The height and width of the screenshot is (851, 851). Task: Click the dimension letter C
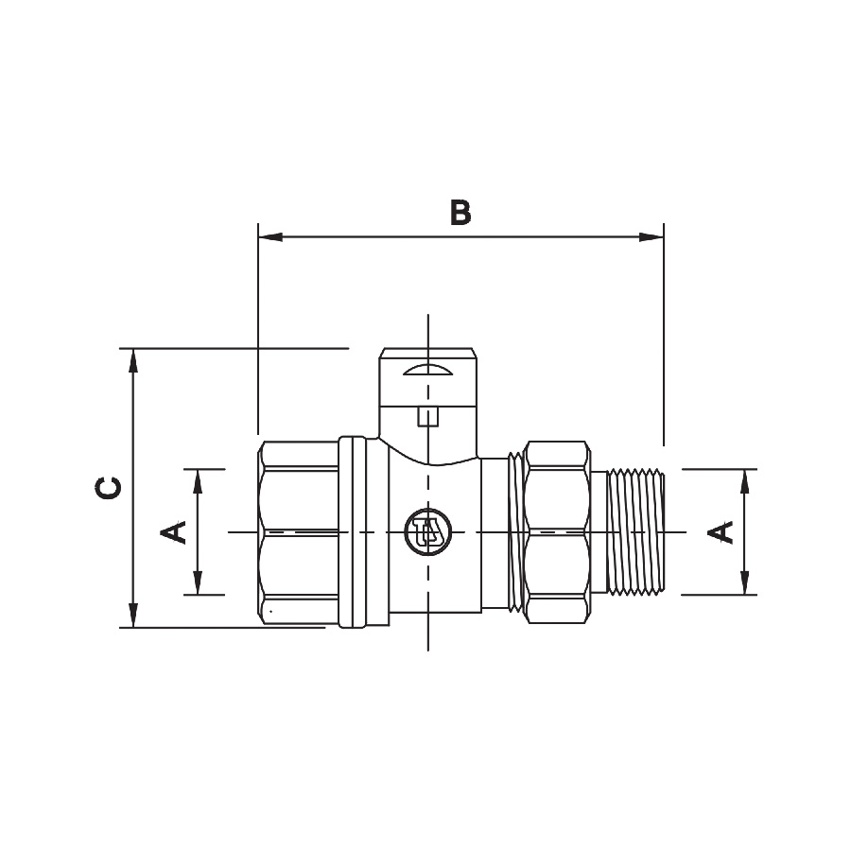coord(108,488)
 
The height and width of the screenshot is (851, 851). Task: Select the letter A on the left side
coord(173,531)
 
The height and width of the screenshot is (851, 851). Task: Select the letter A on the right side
coord(721,531)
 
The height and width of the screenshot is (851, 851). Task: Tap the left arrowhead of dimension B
coord(270,237)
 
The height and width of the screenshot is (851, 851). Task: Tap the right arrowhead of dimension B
coord(651,237)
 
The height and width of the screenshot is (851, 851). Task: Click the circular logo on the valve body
coord(428,531)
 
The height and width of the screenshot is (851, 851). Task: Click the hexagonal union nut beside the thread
coord(557,531)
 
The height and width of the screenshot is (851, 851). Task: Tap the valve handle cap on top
coord(428,377)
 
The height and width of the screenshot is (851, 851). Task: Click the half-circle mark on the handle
coord(428,370)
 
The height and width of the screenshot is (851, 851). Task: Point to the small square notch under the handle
coord(428,417)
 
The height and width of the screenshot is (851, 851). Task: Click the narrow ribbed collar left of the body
coord(352,531)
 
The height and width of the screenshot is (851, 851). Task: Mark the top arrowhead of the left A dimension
coord(198,481)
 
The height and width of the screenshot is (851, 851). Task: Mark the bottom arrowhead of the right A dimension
coord(745,582)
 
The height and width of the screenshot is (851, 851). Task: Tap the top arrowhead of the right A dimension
coord(745,481)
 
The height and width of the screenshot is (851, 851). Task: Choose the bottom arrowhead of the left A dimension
coord(198,582)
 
